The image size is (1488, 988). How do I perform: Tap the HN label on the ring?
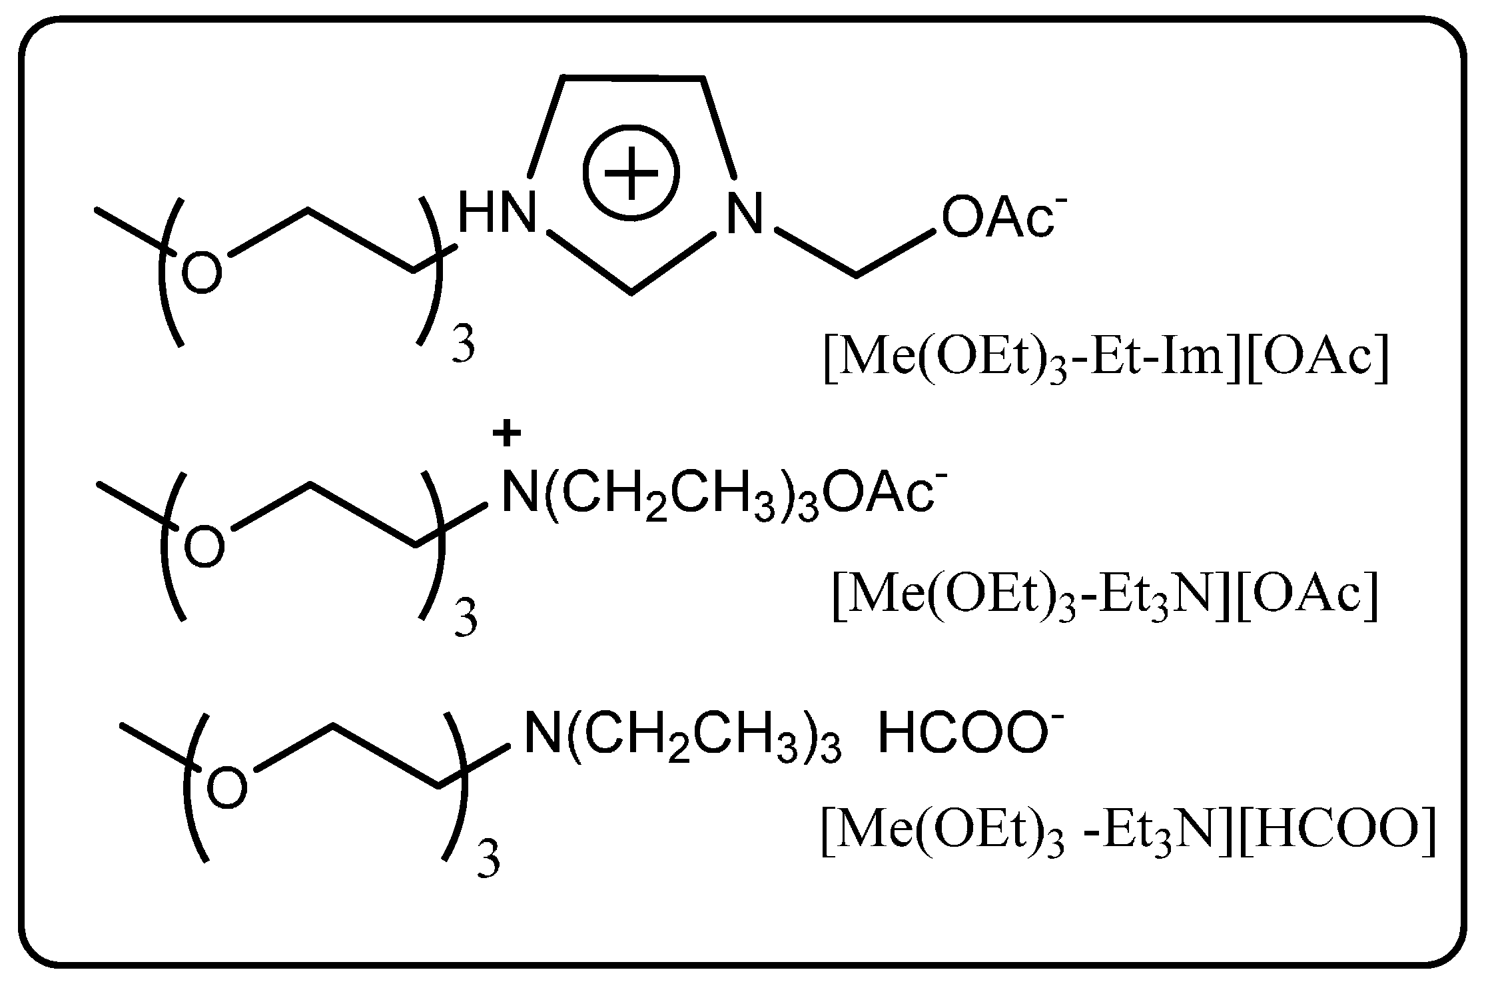[497, 212]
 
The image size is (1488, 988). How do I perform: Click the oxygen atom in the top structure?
[201, 274]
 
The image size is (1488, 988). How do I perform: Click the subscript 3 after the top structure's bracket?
[463, 346]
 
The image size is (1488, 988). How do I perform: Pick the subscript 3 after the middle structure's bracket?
[466, 619]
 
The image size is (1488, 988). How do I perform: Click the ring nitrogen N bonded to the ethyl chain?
[744, 213]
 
